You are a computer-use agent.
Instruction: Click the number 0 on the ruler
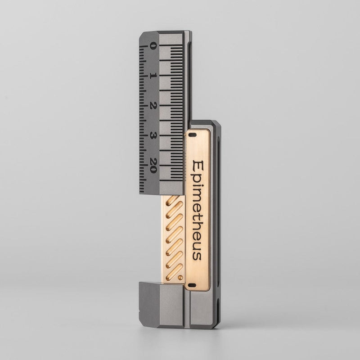(153, 46)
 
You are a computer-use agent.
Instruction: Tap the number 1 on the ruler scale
(153, 76)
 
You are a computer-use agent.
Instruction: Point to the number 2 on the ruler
(153, 105)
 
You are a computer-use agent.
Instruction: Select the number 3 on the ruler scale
(153, 135)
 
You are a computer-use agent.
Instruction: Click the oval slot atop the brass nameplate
(193, 135)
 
